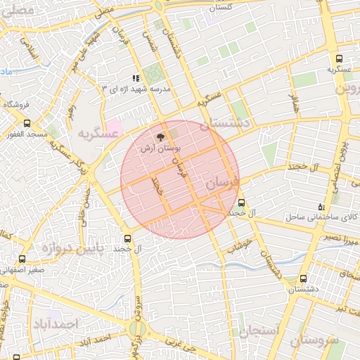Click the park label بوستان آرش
point(161,150)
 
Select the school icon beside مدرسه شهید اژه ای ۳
point(136,79)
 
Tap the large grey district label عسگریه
point(96,134)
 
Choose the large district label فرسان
point(223,182)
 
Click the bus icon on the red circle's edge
point(242,200)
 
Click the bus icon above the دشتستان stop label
point(303,278)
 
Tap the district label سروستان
point(314,341)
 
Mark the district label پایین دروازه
point(67,247)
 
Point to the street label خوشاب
point(240,246)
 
